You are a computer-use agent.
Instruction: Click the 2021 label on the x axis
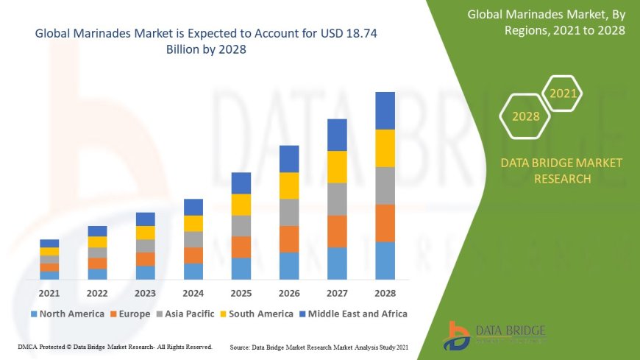[49, 294]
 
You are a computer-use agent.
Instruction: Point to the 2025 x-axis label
[241, 294]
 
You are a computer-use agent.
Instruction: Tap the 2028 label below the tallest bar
[385, 294]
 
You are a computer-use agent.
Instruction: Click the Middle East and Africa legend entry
[353, 314]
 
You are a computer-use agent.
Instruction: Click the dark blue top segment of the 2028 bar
[385, 110]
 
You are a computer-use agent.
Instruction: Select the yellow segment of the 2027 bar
[337, 166]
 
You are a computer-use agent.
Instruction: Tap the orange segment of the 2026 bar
[289, 239]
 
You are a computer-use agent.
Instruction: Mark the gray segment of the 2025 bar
[241, 225]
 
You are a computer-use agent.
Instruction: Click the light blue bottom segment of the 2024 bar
[193, 271]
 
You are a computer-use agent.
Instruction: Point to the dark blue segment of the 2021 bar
[49, 243]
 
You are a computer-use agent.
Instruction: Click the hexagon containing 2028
[526, 116]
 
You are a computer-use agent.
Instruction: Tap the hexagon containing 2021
[563, 93]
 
